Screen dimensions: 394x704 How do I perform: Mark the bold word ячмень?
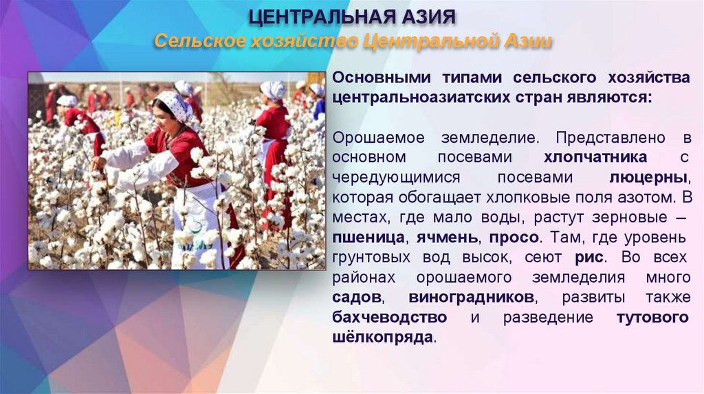[x=451, y=238]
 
